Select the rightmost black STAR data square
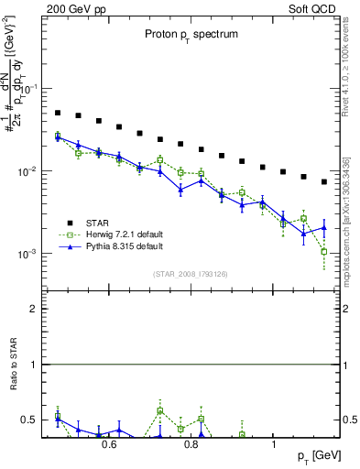pos(324,181)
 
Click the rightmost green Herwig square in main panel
pos(324,252)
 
